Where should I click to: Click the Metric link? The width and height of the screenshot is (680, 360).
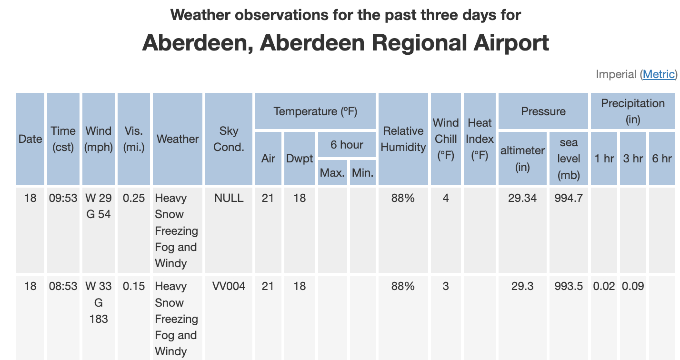(659, 74)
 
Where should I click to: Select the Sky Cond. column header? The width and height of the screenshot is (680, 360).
(229, 139)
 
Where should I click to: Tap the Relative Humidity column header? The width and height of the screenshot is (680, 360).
(403, 139)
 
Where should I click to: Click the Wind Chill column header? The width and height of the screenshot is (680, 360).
(446, 139)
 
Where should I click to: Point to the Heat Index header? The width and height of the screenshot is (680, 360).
(480, 139)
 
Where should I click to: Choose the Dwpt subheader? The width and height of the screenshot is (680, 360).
(300, 158)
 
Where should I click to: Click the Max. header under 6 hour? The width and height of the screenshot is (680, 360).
(332, 172)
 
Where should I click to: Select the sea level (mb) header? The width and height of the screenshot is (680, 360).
(569, 158)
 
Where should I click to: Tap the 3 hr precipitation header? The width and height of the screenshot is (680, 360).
(633, 158)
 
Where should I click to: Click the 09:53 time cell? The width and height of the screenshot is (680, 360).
(63, 198)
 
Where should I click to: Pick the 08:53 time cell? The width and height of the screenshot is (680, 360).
(63, 286)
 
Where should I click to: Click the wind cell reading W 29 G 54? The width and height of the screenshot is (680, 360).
(99, 206)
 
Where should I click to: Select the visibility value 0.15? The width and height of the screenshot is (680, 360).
(134, 286)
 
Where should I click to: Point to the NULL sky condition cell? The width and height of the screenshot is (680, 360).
(229, 198)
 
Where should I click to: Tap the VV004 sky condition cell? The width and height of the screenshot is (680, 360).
(229, 286)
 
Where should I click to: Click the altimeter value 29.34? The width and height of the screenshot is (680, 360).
(522, 198)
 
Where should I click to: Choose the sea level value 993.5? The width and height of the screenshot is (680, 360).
(569, 286)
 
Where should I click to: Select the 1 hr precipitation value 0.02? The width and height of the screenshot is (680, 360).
(604, 286)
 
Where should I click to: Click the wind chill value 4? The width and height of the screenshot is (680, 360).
(446, 198)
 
